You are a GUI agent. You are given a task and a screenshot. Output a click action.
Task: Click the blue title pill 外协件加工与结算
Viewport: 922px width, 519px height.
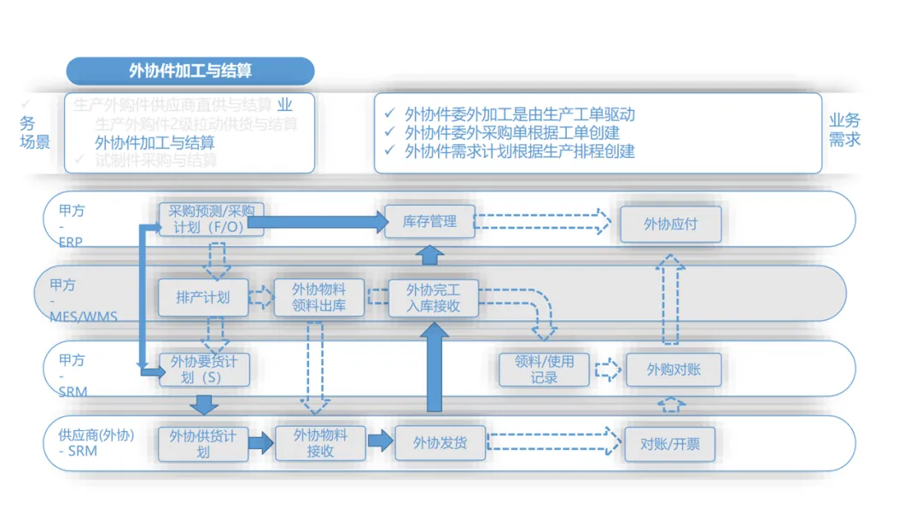tap(190, 71)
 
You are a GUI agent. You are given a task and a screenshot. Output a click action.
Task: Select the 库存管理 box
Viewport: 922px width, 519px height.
tap(429, 222)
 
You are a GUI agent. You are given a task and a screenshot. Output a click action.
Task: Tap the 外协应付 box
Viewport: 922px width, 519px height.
tap(670, 224)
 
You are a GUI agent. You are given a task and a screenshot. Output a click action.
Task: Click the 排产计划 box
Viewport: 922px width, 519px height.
tap(203, 297)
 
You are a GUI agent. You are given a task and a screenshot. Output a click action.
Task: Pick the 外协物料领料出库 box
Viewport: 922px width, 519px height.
tap(319, 297)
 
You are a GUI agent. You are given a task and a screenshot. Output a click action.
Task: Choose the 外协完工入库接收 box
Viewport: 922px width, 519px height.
tap(434, 297)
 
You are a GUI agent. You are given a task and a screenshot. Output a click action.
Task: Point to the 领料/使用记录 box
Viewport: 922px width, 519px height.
tap(545, 369)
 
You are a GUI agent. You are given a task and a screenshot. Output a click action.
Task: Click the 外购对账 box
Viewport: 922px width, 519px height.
tap(674, 370)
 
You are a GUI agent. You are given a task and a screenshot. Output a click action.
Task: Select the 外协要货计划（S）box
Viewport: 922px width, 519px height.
tap(203, 370)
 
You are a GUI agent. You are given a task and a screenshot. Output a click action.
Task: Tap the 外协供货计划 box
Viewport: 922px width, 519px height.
tap(203, 443)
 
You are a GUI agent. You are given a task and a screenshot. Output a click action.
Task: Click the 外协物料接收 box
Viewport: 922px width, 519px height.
tap(320, 443)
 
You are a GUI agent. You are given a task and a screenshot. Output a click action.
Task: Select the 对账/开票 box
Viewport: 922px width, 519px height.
tap(669, 443)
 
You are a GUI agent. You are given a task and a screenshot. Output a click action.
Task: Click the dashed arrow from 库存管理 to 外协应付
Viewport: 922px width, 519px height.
tap(542, 222)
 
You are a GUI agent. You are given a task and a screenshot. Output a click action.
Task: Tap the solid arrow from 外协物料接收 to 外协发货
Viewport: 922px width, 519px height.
tap(379, 441)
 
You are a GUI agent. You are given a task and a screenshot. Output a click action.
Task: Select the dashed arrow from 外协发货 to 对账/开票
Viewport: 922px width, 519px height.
tap(553, 441)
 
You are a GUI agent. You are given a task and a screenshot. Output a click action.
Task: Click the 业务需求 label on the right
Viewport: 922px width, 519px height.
tap(844, 130)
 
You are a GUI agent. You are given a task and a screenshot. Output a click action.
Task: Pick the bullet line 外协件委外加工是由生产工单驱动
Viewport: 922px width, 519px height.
tap(519, 114)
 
